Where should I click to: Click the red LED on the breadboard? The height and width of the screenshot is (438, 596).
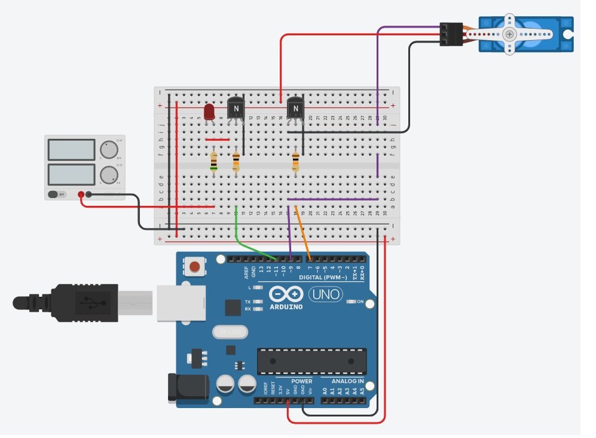209,112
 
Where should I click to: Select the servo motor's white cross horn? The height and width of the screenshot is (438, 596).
509,35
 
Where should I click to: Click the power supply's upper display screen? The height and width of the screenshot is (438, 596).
71,150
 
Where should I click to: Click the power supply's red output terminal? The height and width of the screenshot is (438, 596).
82,194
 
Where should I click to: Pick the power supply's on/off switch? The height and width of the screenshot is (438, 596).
56,194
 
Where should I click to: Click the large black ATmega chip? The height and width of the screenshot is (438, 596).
311,361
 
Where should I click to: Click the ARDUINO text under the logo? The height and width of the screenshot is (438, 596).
286,307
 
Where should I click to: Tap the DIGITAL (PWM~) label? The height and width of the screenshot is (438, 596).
323,278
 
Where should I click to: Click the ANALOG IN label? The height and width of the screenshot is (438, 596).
343,381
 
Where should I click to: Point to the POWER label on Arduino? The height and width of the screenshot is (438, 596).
301,381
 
